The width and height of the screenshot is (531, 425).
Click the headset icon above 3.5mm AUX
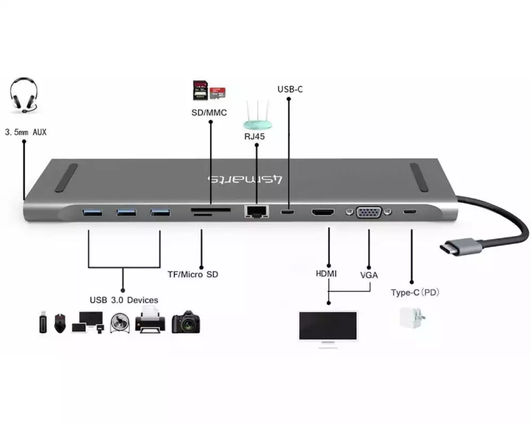coord(23,96)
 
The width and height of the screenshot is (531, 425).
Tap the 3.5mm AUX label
coord(25,131)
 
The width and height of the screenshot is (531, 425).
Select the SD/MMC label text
coord(209,113)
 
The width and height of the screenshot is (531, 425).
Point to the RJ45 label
coord(255,137)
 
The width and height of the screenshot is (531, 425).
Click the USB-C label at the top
coord(290,89)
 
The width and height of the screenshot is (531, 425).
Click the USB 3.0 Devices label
coord(124,300)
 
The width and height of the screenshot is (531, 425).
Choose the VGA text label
coord(369,275)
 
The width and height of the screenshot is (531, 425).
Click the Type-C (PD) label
coord(415,292)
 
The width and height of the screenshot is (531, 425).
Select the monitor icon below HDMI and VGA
coord(328,327)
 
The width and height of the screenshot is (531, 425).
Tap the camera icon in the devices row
coord(185,322)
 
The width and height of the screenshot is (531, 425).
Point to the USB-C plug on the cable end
coord(459,246)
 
